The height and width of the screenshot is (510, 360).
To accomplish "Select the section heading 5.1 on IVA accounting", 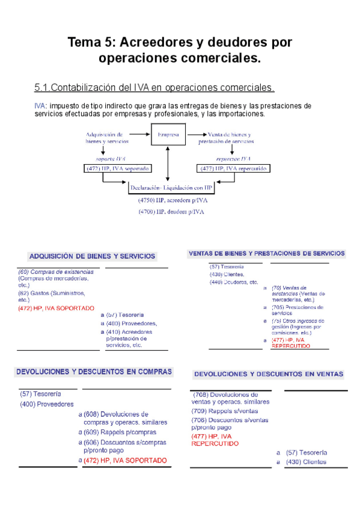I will (154, 88).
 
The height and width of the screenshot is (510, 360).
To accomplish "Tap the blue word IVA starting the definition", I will (40, 106).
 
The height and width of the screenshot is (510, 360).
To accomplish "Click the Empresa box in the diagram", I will (168, 135).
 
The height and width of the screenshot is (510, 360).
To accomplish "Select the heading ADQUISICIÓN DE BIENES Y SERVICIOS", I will (92, 256).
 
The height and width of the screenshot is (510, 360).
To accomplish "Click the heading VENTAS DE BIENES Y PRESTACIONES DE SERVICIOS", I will (267, 253).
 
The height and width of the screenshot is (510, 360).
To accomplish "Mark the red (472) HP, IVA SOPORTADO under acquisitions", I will (56, 308).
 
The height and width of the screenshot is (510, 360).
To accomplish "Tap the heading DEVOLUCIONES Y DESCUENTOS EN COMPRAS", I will (94, 372).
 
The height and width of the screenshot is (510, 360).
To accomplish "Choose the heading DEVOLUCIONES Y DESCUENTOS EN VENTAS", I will (268, 374).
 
